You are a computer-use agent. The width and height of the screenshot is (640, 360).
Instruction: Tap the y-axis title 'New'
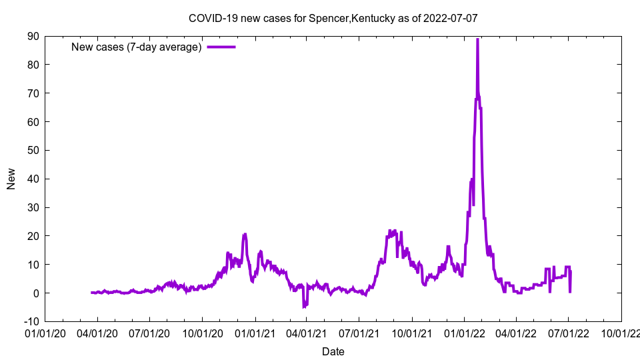pyautogui.click(x=11, y=179)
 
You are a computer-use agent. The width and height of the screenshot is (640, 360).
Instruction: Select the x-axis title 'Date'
pyautogui.click(x=333, y=351)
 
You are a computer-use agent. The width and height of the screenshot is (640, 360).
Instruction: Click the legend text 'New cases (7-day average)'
pyautogui.click(x=137, y=47)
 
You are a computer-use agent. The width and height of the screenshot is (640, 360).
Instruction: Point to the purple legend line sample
pyautogui.click(x=221, y=47)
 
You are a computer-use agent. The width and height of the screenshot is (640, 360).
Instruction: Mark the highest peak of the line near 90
pyautogui.click(x=477, y=40)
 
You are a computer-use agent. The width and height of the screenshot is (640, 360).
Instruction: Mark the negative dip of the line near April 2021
pyautogui.click(x=304, y=307)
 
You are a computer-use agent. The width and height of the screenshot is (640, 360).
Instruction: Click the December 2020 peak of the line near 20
pyautogui.click(x=245, y=235)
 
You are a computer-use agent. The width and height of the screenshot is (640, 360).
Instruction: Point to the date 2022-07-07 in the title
pyautogui.click(x=451, y=19)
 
